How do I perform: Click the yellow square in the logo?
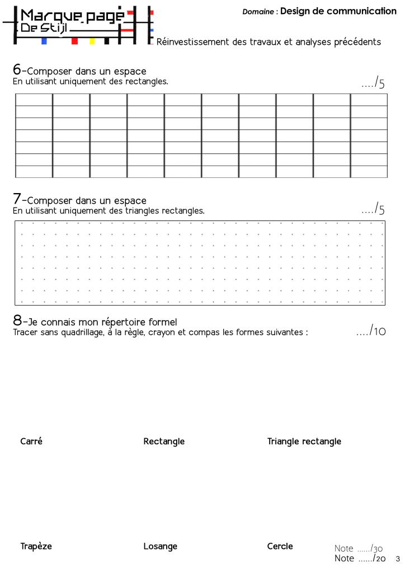tap(92, 41)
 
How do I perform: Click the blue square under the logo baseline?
tap(44, 41)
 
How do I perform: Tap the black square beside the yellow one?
tap(106, 41)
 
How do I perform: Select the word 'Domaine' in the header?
tap(258, 12)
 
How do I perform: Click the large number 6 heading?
tap(17, 69)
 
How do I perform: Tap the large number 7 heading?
tap(17, 199)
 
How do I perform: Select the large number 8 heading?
tap(17, 320)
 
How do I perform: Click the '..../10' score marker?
tap(371, 331)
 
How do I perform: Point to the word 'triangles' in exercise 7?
tap(143, 211)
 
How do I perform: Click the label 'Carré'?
tap(31, 441)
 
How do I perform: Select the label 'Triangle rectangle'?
tap(304, 442)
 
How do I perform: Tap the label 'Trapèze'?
tap(36, 546)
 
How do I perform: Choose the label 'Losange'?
tap(160, 546)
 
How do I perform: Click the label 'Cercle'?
tap(280, 546)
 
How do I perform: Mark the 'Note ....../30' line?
tap(359, 548)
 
